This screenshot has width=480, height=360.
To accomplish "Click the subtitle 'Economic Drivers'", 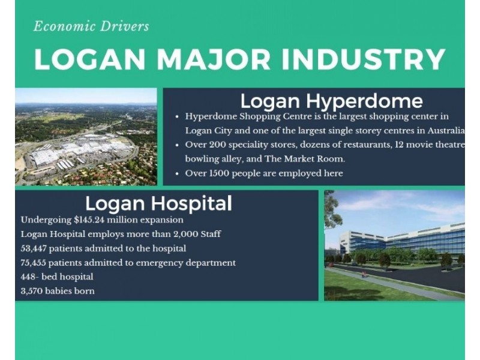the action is click(91, 26).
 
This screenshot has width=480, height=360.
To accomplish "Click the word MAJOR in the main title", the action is click(214, 59).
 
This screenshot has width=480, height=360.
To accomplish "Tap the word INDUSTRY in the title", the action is click(364, 59).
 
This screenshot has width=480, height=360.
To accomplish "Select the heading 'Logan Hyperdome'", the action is click(332, 101).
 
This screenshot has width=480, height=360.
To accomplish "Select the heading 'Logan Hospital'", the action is click(158, 203).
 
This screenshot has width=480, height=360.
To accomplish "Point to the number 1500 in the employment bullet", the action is click(219, 173).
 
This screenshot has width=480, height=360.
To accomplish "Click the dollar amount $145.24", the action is click(89, 220).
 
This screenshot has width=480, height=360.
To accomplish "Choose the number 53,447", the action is click(34, 248).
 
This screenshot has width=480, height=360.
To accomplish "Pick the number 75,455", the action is click(34, 263).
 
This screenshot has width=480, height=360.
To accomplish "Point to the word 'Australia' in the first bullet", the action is click(446, 131).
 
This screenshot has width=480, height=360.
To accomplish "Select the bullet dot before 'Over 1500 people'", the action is click(177, 174).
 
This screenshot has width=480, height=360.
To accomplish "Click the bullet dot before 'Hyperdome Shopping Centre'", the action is click(177, 117).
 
